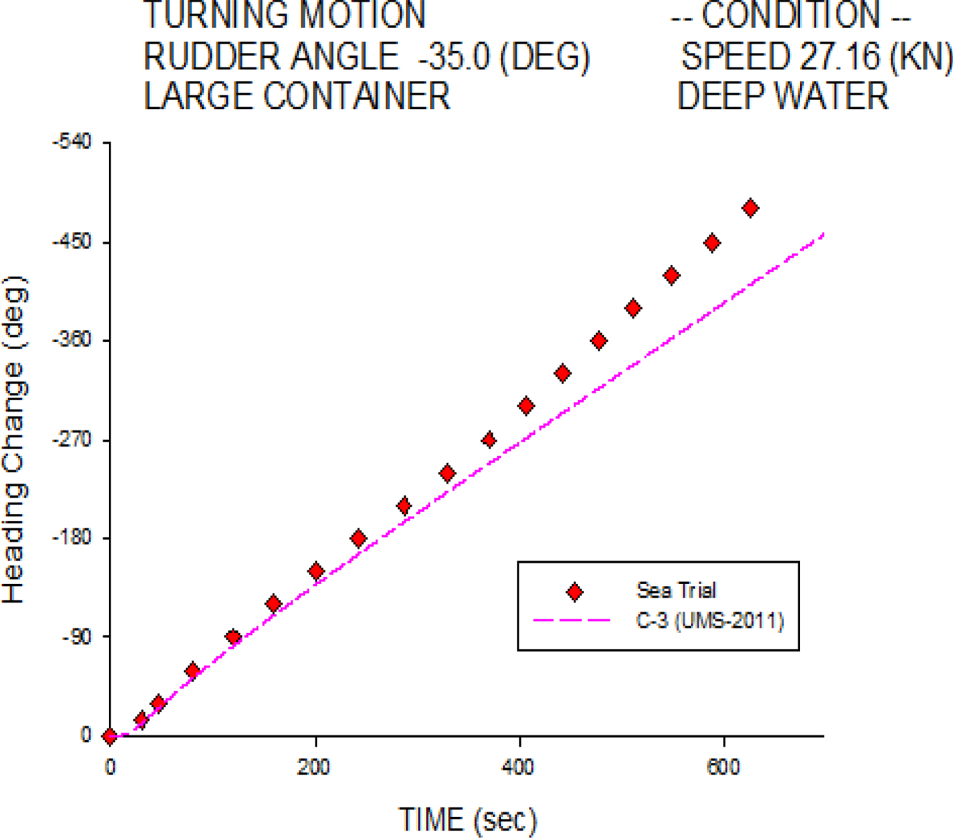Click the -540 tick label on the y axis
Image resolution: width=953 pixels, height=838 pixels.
[x=71, y=143]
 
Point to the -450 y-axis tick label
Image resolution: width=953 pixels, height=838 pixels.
[x=71, y=242]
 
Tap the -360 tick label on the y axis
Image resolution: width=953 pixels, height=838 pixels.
[x=71, y=340]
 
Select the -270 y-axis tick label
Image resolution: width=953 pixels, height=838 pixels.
[x=71, y=440]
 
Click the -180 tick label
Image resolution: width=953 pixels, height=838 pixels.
[x=71, y=538]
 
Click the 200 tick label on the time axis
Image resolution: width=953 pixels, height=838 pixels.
[x=314, y=767]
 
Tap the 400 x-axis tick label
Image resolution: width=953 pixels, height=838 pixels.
[x=518, y=767]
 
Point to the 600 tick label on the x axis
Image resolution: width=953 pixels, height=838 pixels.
[x=722, y=767]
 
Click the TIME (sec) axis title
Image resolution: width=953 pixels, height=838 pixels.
[x=468, y=819]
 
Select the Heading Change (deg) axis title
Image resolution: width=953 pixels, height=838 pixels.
[x=15, y=440]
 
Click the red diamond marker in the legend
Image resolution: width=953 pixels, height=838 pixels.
[x=575, y=592]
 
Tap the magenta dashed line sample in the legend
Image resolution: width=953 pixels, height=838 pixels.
[x=571, y=620]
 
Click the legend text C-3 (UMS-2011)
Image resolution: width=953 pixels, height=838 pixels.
[x=710, y=621]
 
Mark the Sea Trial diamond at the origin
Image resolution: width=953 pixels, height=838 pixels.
[x=110, y=736]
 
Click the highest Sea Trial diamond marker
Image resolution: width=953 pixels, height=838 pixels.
[x=750, y=208]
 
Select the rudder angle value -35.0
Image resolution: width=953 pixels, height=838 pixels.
[x=454, y=57]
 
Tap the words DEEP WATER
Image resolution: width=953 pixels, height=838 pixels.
[x=783, y=96]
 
